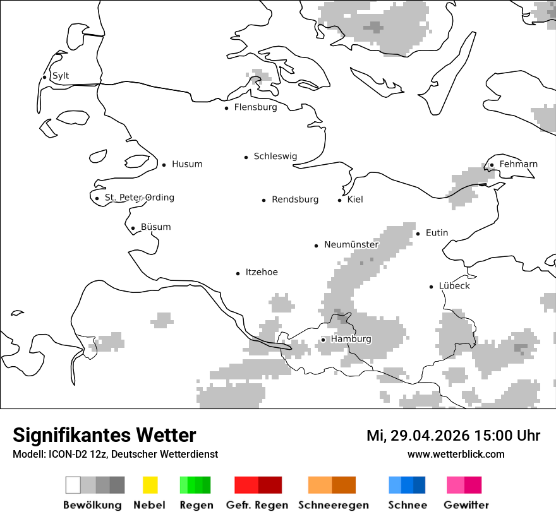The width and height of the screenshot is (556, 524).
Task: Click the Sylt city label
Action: pyautogui.click(x=61, y=76)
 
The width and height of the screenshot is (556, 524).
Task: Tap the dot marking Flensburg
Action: pyautogui.click(x=226, y=108)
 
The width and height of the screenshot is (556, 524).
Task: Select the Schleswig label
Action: pyautogui.click(x=275, y=157)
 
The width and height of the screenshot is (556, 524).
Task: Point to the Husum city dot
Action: pyautogui.click(x=164, y=165)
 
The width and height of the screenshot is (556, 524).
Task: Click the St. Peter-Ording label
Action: pyautogui.click(x=139, y=198)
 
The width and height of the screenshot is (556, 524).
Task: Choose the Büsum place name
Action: pyautogui.click(x=155, y=227)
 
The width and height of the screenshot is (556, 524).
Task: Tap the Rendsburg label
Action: pyautogui.click(x=295, y=199)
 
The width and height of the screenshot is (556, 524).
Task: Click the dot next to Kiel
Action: pyautogui.click(x=339, y=200)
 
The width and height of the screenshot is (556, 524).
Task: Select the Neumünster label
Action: pyautogui.click(x=351, y=245)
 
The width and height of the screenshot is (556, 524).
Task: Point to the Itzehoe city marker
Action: pyautogui.click(x=238, y=273)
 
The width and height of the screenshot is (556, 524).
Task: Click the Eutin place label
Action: pyautogui.click(x=437, y=233)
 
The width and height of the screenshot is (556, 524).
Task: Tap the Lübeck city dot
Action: pyautogui.click(x=431, y=287)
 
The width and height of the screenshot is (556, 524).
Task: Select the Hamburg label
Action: pyautogui.click(x=351, y=339)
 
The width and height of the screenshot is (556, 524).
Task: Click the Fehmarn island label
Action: pyautogui.click(x=518, y=164)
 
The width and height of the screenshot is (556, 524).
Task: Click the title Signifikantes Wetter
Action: pyautogui.click(x=104, y=435)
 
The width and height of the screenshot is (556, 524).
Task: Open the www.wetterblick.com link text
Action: pyautogui.click(x=456, y=454)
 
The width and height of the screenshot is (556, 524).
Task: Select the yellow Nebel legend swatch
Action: pyautogui.click(x=150, y=485)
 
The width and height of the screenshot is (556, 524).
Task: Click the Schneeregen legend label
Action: pyautogui.click(x=334, y=505)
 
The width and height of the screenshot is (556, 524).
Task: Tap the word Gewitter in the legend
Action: pyautogui.click(x=466, y=505)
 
